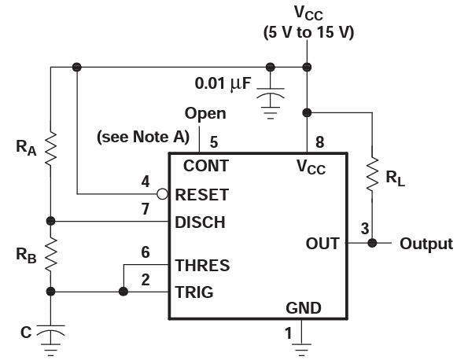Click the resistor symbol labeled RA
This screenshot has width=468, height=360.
[51, 149]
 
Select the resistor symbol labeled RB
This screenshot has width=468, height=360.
[51, 254]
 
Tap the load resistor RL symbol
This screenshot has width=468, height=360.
[372, 174]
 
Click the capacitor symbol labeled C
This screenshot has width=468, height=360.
[50, 331]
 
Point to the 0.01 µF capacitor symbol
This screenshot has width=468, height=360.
[271, 94]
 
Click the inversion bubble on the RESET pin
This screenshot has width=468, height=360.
[162, 194]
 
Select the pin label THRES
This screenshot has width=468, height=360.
[202, 265]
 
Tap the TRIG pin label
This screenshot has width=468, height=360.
[194, 292]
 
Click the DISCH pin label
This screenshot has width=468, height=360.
[200, 222]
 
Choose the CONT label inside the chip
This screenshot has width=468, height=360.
[206, 166]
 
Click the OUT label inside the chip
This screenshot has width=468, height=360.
[322, 244]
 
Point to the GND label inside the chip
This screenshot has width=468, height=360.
[304, 308]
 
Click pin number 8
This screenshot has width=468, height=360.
[319, 142]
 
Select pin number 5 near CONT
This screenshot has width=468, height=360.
[214, 142]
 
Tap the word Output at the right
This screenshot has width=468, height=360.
[426, 244]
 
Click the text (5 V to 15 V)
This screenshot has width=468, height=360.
[308, 32]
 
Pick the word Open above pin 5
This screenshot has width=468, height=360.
[205, 114]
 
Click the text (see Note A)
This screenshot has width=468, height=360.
[143, 137]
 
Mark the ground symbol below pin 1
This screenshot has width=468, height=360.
[301, 349]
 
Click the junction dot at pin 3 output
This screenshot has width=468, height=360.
[372, 243]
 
